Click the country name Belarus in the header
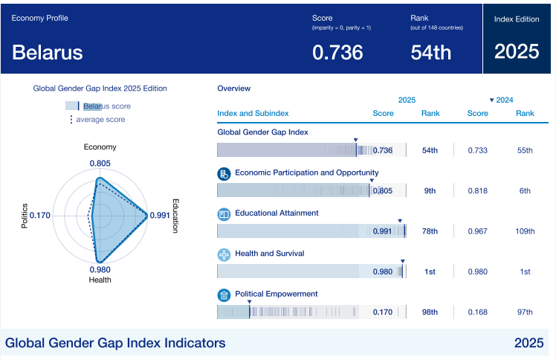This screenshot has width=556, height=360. click(48, 52)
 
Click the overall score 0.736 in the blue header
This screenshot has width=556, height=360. click(337, 52)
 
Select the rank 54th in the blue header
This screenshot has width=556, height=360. click(431, 52)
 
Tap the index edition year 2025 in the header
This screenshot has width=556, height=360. click(517, 51)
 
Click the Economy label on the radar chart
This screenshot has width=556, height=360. click(100, 147)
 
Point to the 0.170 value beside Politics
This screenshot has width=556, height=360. click(39, 216)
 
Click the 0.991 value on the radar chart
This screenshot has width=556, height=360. click(160, 216)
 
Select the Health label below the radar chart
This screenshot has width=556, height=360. click(100, 280)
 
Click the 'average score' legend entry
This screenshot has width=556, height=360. click(100, 120)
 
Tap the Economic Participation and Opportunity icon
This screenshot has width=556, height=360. click(224, 173)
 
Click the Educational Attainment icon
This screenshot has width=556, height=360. click(224, 214)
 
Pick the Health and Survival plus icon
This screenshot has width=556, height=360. click(224, 254)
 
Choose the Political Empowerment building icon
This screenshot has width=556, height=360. click(224, 295)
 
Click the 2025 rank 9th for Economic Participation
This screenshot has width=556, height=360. click(430, 191)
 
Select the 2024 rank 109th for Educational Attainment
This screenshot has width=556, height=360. click(525, 231)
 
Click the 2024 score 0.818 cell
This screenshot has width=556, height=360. click(478, 191)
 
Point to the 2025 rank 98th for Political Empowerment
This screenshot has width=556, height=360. click(430, 312)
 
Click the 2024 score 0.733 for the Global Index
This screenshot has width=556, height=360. click(478, 150)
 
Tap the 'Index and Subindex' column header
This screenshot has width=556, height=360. click(253, 114)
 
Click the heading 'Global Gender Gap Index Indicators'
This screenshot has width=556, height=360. click(115, 343)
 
